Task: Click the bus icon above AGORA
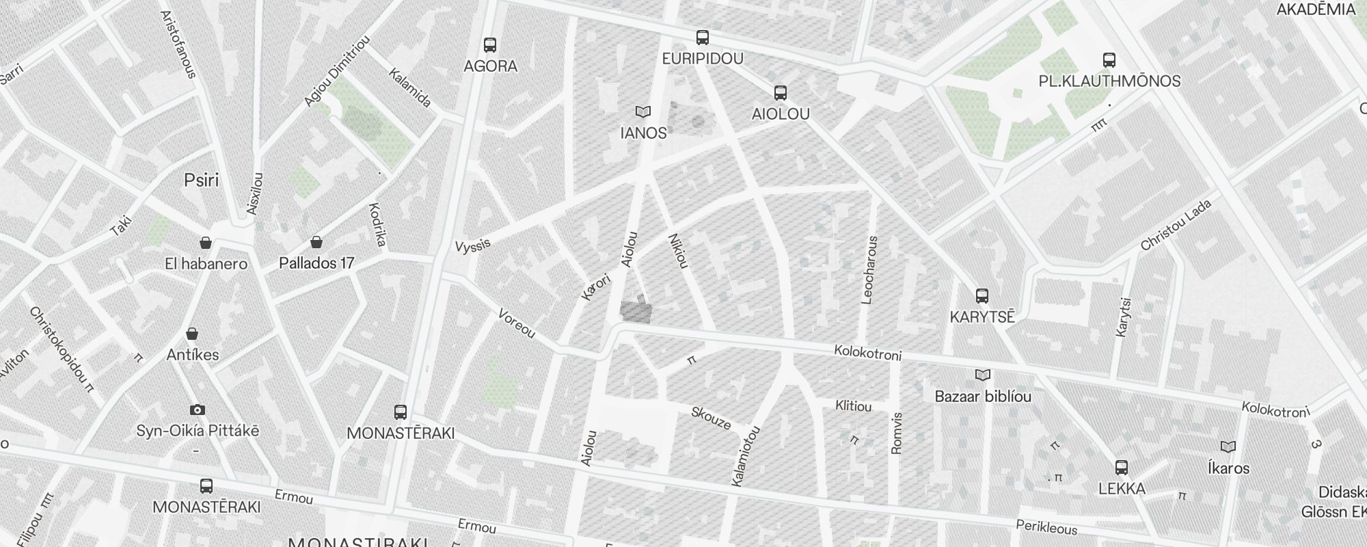(x=490, y=45)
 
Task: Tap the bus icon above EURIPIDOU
(x=702, y=38)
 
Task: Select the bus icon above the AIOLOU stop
(x=780, y=93)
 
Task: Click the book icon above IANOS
(x=642, y=111)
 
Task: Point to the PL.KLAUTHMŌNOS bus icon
(x=1109, y=60)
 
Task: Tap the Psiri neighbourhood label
(x=202, y=180)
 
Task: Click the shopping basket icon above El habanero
(x=205, y=243)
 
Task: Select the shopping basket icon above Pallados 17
(x=316, y=242)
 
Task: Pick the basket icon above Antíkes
(x=192, y=334)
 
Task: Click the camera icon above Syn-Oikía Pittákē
(x=197, y=410)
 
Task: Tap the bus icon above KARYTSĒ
(x=982, y=296)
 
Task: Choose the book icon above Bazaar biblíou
(x=982, y=375)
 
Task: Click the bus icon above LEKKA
(x=1121, y=468)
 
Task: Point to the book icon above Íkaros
(x=1228, y=447)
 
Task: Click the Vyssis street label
(x=473, y=245)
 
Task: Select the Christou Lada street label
(x=1176, y=225)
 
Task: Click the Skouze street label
(x=711, y=418)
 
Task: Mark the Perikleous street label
(x=1046, y=525)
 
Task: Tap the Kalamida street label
(x=410, y=88)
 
